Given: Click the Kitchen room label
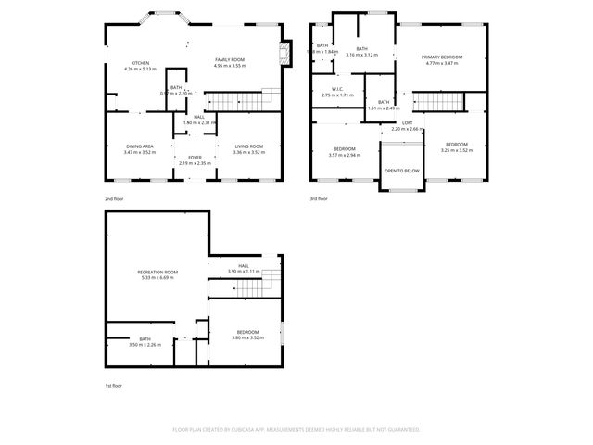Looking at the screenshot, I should coord(140,63).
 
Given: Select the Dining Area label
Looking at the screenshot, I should coord(141,146).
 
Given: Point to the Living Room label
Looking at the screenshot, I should coord(248,146).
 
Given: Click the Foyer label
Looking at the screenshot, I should coord(196,158).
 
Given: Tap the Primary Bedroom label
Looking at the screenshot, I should coord(443,57).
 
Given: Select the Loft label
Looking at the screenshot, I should coord(407,123).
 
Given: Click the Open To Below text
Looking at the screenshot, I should coord(402,171).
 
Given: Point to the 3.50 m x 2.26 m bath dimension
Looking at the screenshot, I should coord(145,345).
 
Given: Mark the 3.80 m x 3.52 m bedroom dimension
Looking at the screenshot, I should coord(246,337).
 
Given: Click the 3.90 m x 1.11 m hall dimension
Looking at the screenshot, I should coord(244,271).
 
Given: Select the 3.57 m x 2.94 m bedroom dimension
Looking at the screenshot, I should coord(345,155).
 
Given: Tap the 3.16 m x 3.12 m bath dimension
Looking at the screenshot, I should coord(361,55).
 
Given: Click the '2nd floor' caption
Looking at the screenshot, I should coord(114,198).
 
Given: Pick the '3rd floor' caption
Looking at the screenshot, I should coord(320,198).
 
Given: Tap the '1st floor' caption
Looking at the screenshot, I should coord(113,385).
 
